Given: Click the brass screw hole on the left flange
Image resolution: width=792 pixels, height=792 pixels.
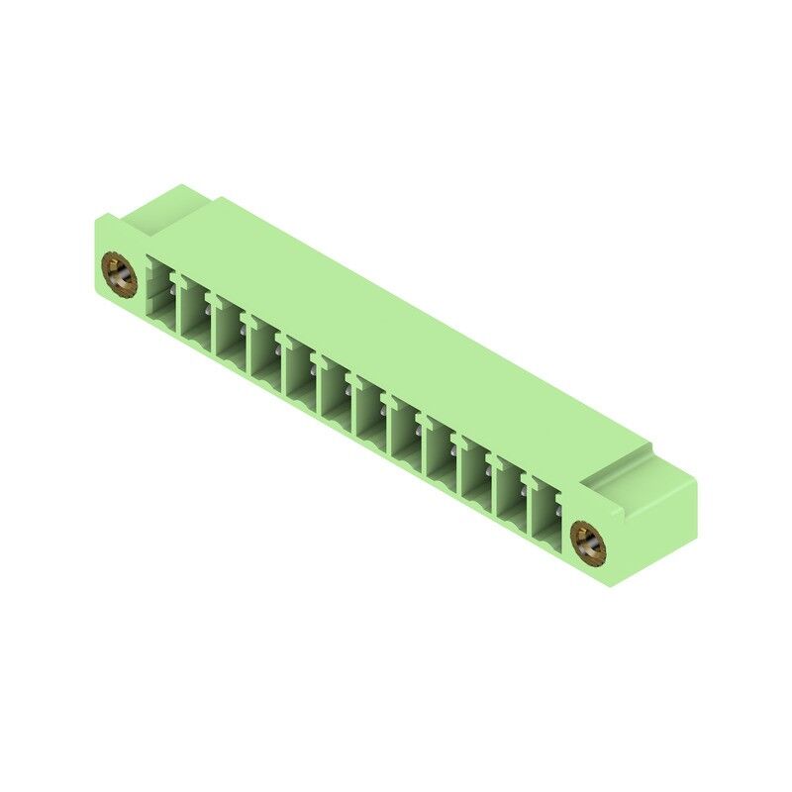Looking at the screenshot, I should coord(119,274).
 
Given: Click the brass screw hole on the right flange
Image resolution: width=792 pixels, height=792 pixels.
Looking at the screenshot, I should coord(587,543).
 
